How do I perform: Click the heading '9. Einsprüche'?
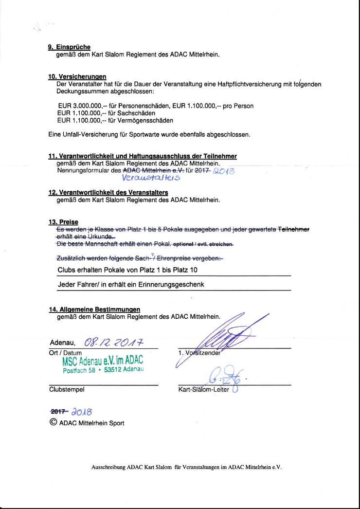[69, 47]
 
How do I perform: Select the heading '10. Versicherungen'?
[77, 77]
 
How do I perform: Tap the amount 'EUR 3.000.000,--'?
[80, 106]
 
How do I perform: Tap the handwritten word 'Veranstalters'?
[152, 179]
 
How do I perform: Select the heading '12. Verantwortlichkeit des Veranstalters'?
[105, 193]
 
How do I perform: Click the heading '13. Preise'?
[63, 222]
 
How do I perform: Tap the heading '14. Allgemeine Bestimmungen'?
[94, 309]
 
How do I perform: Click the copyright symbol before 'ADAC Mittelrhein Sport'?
[53, 422]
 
